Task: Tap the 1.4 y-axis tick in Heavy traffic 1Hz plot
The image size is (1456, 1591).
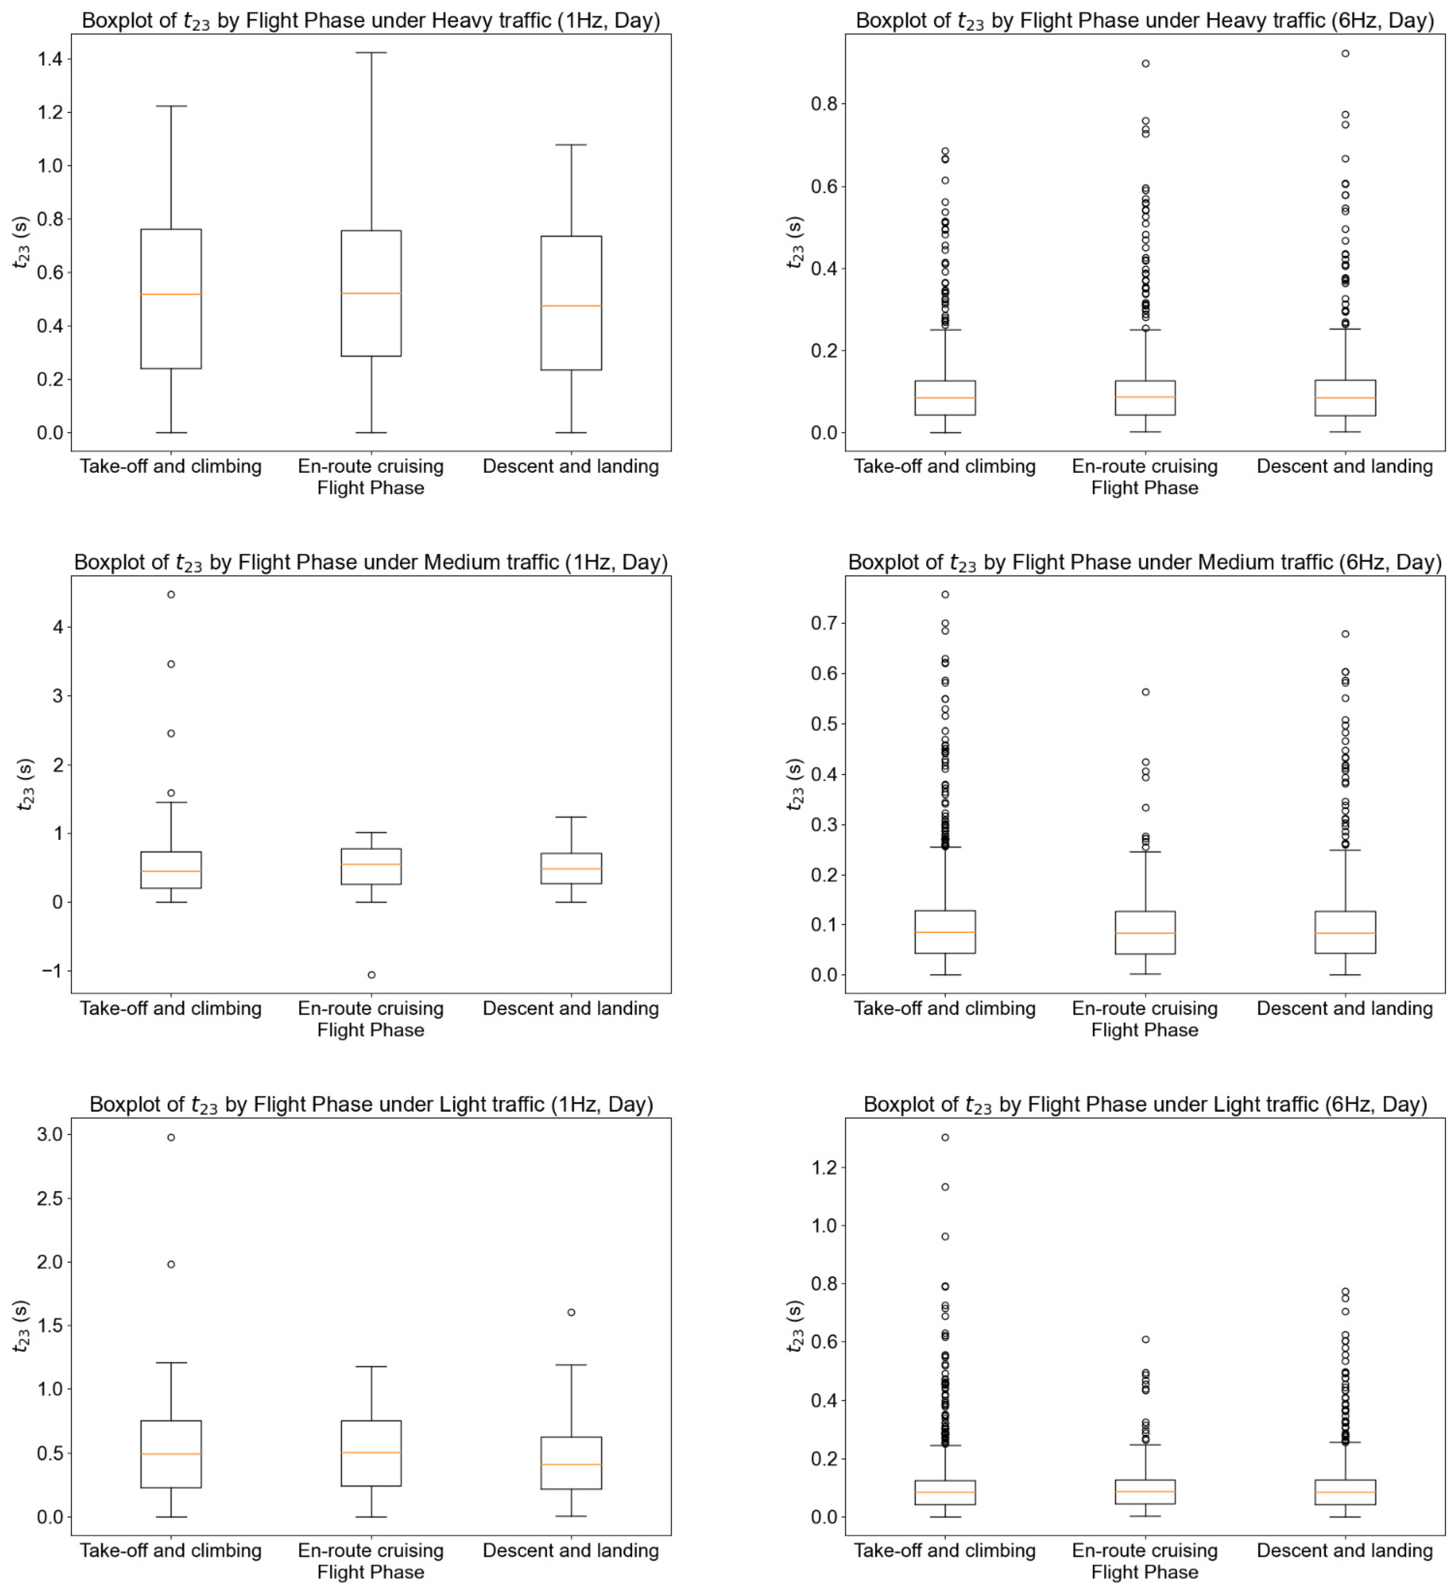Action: [x=51, y=59]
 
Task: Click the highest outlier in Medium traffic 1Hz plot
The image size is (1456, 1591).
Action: [x=171, y=594]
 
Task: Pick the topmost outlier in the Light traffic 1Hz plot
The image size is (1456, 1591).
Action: [x=171, y=1137]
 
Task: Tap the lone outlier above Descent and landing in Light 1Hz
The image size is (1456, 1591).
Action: [x=571, y=1313]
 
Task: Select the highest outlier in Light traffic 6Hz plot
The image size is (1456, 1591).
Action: [x=945, y=1137]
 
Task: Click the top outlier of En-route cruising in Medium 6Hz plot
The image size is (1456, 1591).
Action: [x=1145, y=692]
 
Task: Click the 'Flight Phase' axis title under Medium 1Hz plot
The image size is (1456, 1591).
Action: [x=370, y=1030]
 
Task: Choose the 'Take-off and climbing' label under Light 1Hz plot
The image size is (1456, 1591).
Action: [x=171, y=1551]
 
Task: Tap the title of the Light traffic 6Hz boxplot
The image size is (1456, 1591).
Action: [x=1145, y=1104]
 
